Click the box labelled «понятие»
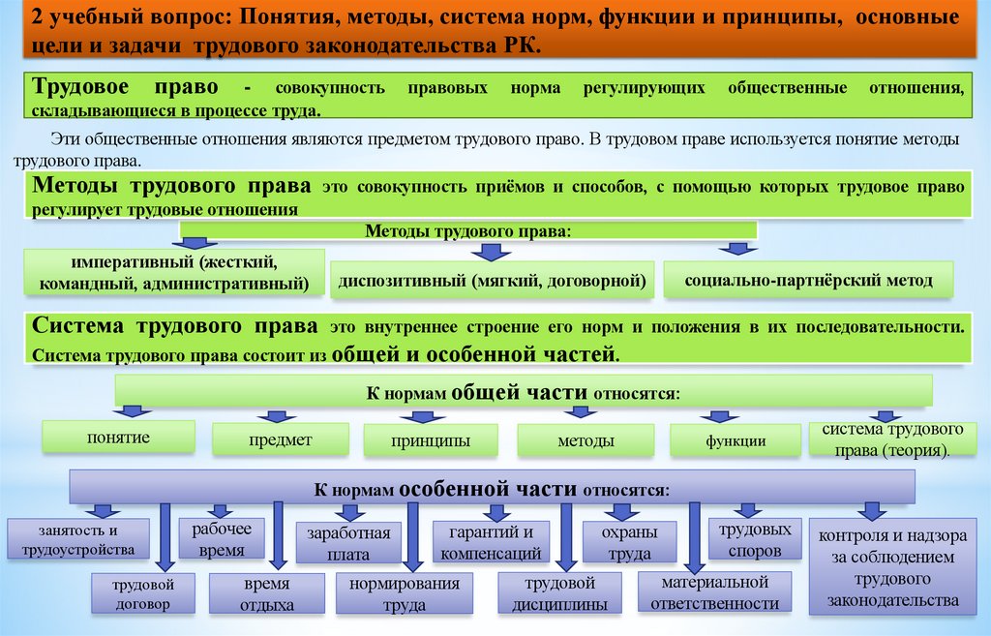point(118,438)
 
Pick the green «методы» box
point(585,440)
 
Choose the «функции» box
point(736,440)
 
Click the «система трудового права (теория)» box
point(891,439)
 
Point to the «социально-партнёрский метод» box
point(808,281)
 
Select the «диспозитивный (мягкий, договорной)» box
point(492,282)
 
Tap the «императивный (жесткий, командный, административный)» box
point(175,273)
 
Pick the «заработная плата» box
point(348,543)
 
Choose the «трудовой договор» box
point(141,593)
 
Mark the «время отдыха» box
point(268,594)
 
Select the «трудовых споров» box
point(756,539)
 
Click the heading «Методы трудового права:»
point(467,231)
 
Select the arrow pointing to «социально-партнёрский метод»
point(741,249)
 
